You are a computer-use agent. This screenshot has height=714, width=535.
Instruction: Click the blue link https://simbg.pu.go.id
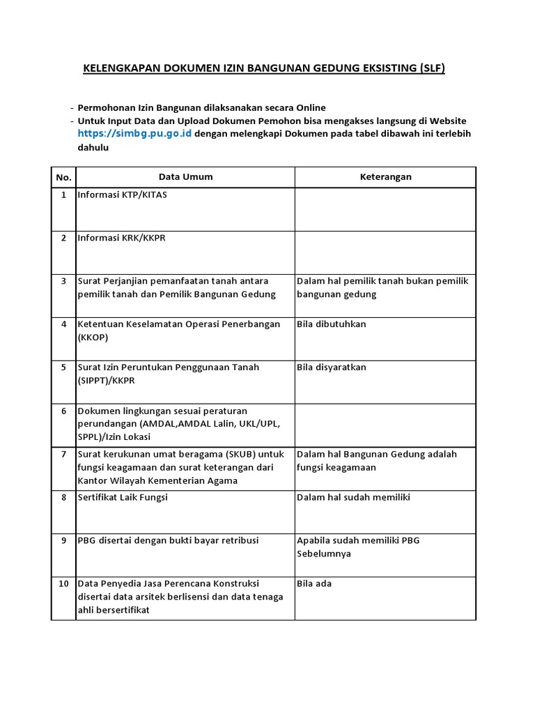point(134,133)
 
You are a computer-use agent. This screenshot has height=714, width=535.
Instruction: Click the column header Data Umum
point(185,177)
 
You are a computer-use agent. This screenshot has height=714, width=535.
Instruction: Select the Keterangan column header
point(385,177)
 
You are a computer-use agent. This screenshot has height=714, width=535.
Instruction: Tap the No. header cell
point(63,177)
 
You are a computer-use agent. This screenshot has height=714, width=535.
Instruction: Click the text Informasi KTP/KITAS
point(122,195)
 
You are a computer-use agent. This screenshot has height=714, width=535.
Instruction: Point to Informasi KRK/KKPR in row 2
point(121,238)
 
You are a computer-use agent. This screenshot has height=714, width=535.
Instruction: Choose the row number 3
point(63,281)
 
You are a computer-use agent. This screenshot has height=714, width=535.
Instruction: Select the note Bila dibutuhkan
point(331,324)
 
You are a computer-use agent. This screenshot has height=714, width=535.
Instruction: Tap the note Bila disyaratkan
point(332,367)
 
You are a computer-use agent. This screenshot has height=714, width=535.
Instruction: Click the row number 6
point(63,411)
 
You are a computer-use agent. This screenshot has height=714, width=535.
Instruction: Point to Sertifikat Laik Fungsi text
point(123,497)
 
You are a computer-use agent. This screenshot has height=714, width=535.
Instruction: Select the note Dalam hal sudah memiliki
point(353,497)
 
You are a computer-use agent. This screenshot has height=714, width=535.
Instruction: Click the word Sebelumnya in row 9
point(324,554)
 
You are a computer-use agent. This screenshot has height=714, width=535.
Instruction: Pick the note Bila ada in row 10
point(314,584)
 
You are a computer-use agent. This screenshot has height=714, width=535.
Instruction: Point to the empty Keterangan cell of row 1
point(385,209)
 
